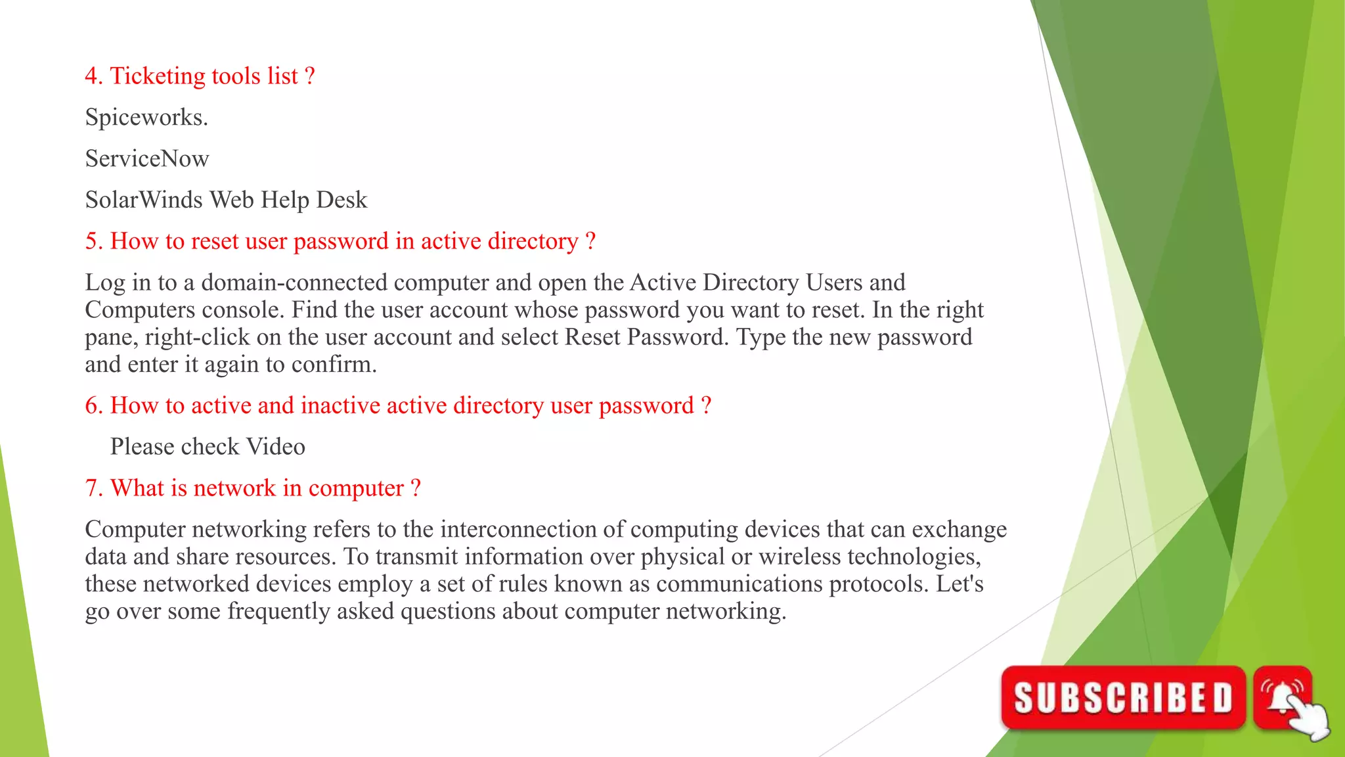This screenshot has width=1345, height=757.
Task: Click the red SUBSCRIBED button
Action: click(1123, 697)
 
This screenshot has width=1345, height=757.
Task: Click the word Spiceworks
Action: click(146, 118)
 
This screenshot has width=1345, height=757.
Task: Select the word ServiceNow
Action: click(147, 159)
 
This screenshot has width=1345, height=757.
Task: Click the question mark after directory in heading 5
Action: click(590, 241)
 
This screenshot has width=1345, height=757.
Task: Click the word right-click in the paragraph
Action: click(197, 337)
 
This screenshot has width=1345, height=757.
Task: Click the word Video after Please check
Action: click(276, 447)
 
